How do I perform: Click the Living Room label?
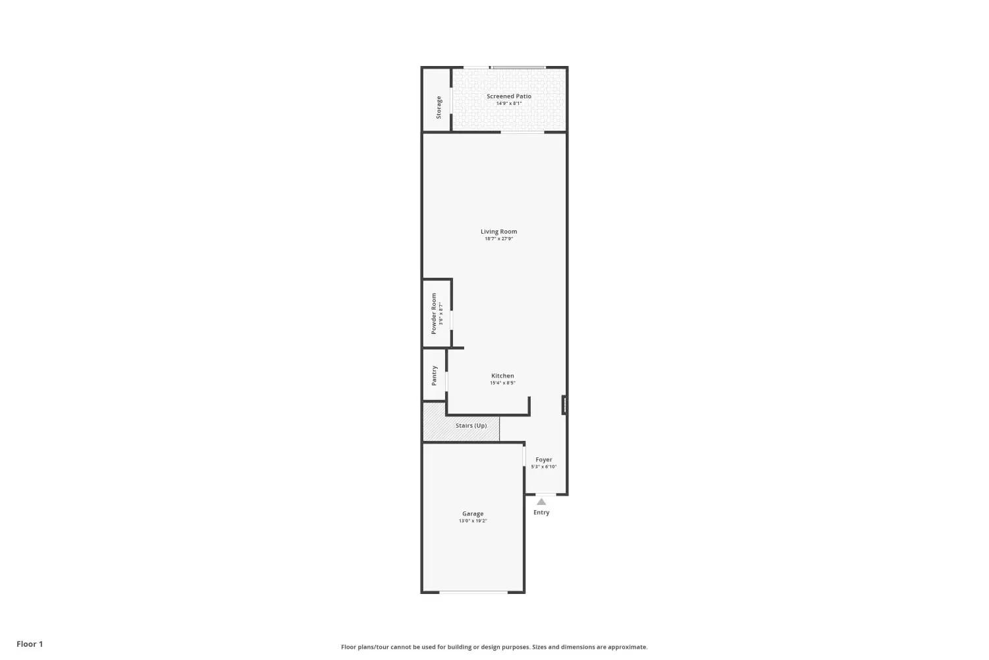pyautogui.click(x=498, y=231)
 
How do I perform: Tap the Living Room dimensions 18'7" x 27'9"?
pyautogui.click(x=498, y=239)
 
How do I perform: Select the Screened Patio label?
pyautogui.click(x=508, y=96)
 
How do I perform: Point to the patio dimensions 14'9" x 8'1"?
pyautogui.click(x=508, y=104)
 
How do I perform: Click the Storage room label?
pyautogui.click(x=438, y=108)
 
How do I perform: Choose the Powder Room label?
pyautogui.click(x=434, y=313)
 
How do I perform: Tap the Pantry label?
pyautogui.click(x=434, y=376)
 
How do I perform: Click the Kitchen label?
pyautogui.click(x=502, y=376)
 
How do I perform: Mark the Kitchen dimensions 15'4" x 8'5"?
pyautogui.click(x=502, y=383)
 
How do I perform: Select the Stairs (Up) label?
pyautogui.click(x=471, y=425)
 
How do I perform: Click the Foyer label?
pyautogui.click(x=543, y=459)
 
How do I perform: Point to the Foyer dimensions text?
pyautogui.click(x=543, y=467)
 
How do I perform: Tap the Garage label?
pyautogui.click(x=473, y=513)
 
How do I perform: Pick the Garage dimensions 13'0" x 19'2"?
pyautogui.click(x=473, y=521)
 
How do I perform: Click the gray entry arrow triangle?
pyautogui.click(x=541, y=502)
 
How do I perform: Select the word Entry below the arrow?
pyautogui.click(x=541, y=512)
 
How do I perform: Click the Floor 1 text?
pyautogui.click(x=30, y=644)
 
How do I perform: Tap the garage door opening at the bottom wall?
pyautogui.click(x=473, y=592)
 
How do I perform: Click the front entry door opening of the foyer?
pyautogui.click(x=546, y=494)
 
